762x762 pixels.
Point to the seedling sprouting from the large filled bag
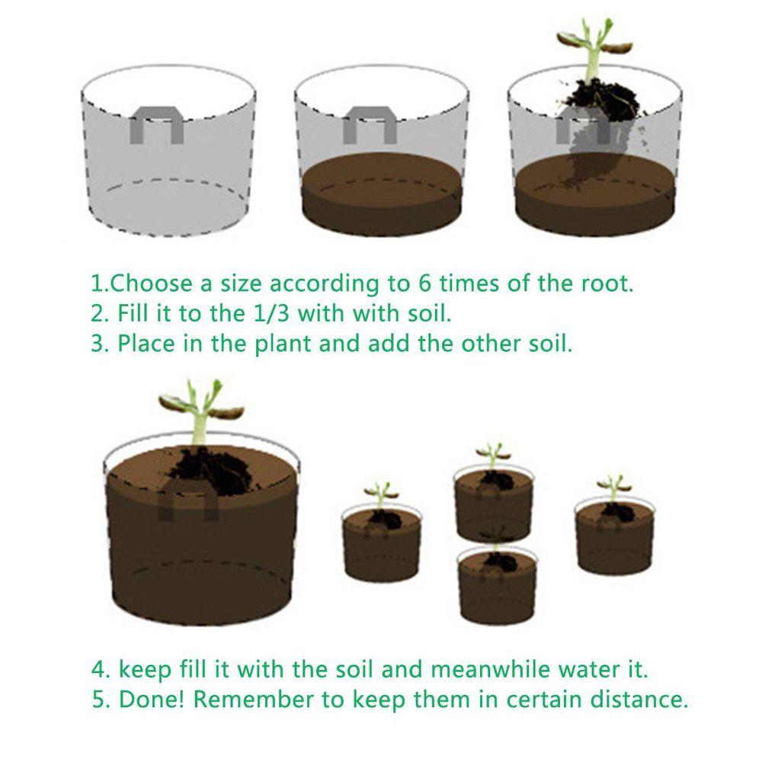[200, 411]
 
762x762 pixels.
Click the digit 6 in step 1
[424, 283]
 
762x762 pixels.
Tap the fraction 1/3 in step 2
[272, 313]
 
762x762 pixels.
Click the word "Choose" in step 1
[151, 283]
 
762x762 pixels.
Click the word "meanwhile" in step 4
[490, 669]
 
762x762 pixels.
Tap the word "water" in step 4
[586, 670]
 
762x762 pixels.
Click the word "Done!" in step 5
[152, 700]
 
